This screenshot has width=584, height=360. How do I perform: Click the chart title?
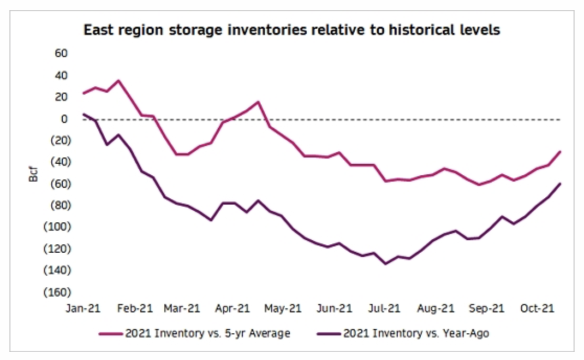point(291,30)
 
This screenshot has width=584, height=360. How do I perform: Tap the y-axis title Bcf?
point(33,173)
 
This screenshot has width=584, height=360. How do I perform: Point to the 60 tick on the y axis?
point(61,53)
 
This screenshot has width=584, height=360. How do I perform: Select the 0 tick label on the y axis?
point(64,119)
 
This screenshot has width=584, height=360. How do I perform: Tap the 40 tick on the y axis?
point(61,75)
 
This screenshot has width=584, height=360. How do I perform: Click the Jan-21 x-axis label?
point(83,309)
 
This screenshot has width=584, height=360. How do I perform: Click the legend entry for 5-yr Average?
point(196,333)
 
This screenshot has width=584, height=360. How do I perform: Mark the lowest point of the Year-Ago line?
point(386,264)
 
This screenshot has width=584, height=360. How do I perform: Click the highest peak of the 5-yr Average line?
point(118,81)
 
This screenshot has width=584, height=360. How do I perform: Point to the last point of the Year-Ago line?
point(560,184)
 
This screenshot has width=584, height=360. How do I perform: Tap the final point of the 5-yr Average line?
point(560,152)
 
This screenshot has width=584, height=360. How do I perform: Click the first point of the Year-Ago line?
point(84,114)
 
